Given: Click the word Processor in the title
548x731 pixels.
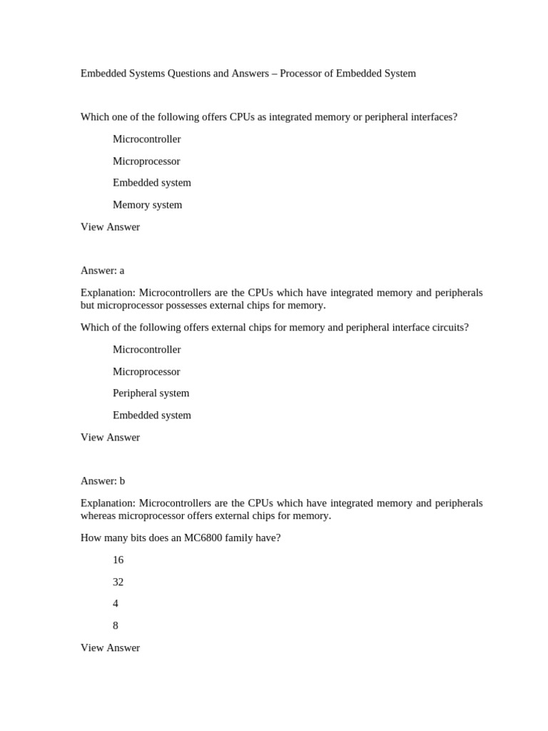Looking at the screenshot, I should pos(303,74).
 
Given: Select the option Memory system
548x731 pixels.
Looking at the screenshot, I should pos(147,205).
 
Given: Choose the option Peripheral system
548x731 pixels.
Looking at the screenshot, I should pos(151,393).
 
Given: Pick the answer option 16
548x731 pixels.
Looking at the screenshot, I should pos(118,560).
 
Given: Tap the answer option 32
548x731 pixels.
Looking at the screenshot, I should pos(118,583).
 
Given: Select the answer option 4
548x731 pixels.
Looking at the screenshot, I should pos(116,604).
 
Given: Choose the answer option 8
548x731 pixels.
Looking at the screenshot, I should pos(116,626).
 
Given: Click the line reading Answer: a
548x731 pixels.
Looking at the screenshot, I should pos(102,271).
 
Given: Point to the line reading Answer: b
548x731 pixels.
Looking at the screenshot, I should pos(103,481).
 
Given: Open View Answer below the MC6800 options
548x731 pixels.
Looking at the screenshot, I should pos(110,648).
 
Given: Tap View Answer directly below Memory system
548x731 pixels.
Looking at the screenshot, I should pos(110,227).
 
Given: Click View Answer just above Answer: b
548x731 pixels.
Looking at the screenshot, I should pos(110,438).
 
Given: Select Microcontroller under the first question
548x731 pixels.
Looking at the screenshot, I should pos(146,139).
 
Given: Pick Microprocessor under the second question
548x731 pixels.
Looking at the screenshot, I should pos(146,372).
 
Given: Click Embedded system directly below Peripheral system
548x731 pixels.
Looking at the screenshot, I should pos(151,415).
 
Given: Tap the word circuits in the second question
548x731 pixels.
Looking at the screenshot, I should pos(449,328).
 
